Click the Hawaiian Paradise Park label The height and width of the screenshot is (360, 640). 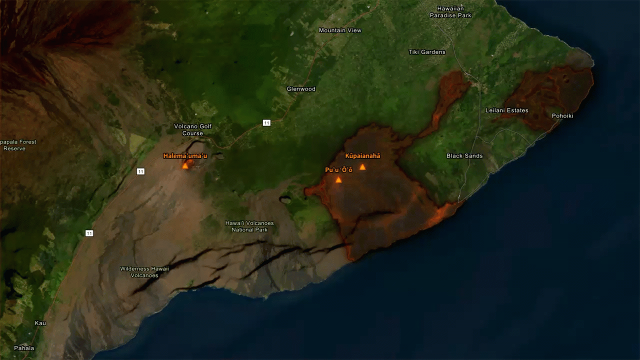click(x=450, y=12)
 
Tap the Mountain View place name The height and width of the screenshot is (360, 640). click(x=340, y=30)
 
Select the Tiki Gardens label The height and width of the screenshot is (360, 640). click(x=426, y=52)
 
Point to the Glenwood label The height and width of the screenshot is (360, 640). click(x=301, y=89)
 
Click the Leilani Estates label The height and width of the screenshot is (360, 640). click(x=506, y=110)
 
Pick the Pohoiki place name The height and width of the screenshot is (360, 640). click(x=562, y=116)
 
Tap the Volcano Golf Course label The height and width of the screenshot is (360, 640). click(x=192, y=129)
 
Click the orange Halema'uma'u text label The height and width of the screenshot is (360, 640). click(x=185, y=156)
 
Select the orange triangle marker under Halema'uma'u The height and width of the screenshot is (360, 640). click(x=185, y=165)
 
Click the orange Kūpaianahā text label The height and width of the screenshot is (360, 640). click(x=362, y=156)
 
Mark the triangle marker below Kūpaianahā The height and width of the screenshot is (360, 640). click(x=362, y=167)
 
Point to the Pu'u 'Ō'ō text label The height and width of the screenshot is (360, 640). click(x=338, y=170)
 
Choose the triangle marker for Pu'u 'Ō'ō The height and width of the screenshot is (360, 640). click(x=338, y=180)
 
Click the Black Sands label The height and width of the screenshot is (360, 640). click(x=464, y=156)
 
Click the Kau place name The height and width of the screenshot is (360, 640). click(x=40, y=323)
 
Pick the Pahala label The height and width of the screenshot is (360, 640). click(x=24, y=348)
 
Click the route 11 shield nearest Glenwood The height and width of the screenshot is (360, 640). click(x=266, y=122)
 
